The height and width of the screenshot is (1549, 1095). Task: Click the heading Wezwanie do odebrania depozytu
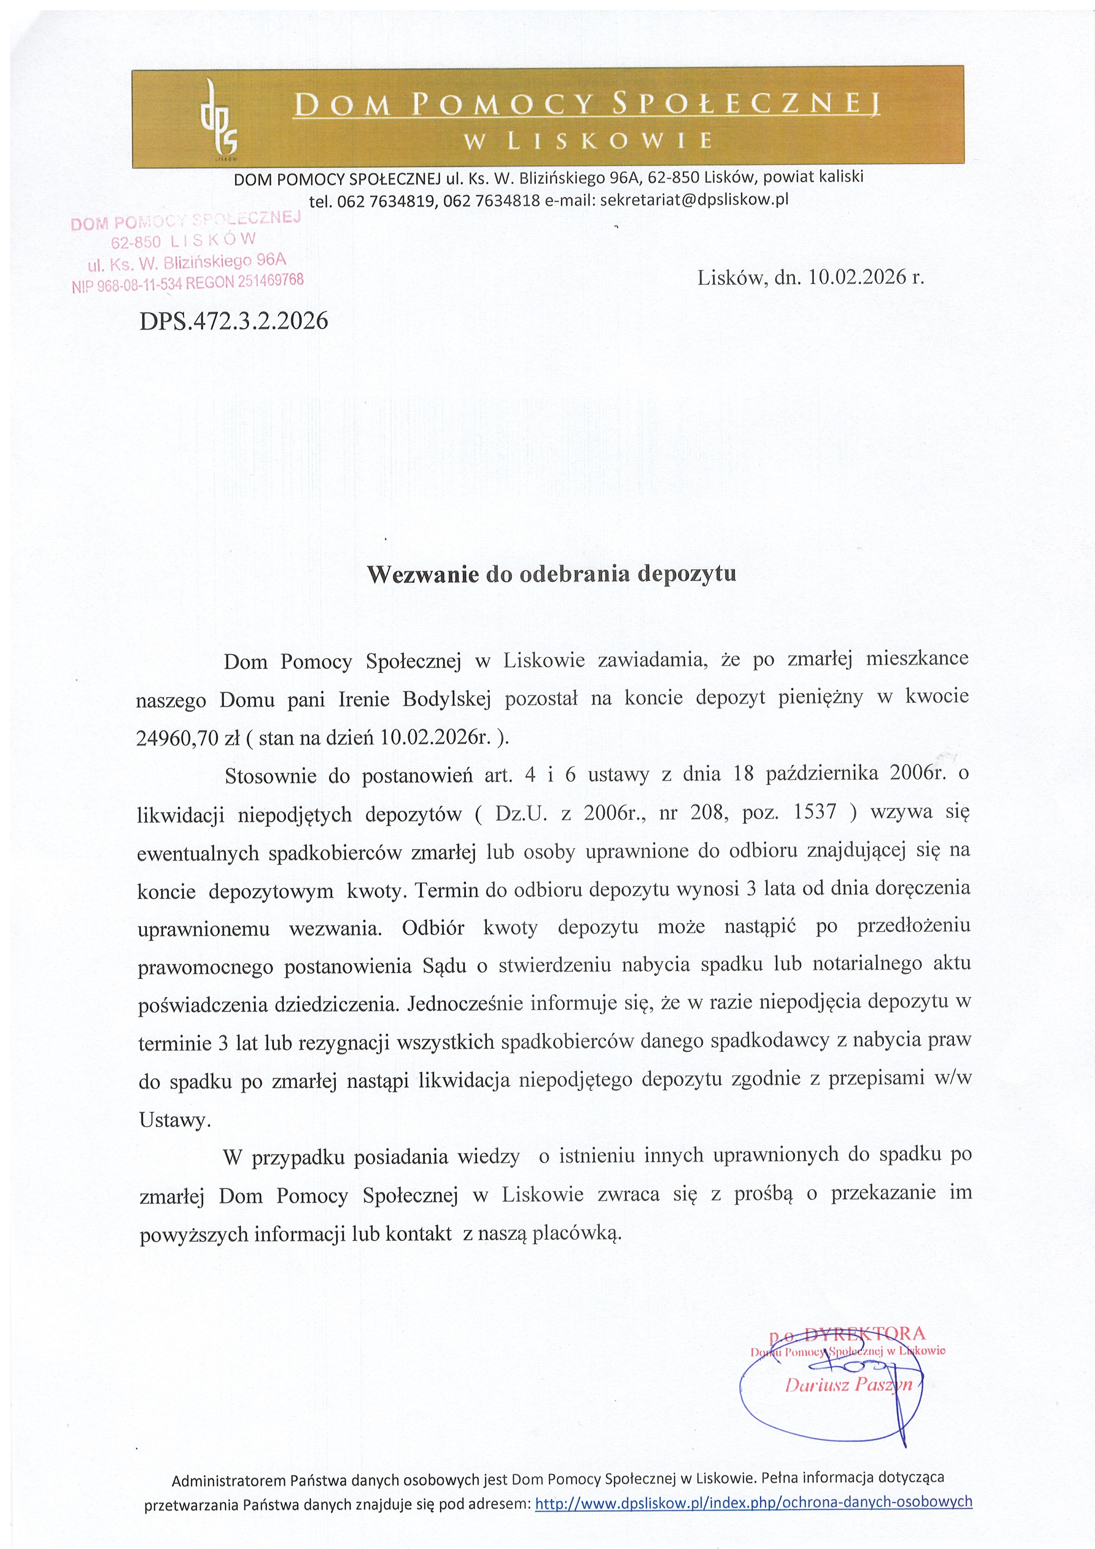point(551,574)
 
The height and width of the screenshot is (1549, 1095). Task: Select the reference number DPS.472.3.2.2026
point(234,321)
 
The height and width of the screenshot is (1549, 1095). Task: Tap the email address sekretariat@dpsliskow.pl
point(694,200)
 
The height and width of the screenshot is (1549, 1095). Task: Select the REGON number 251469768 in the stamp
point(268,281)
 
